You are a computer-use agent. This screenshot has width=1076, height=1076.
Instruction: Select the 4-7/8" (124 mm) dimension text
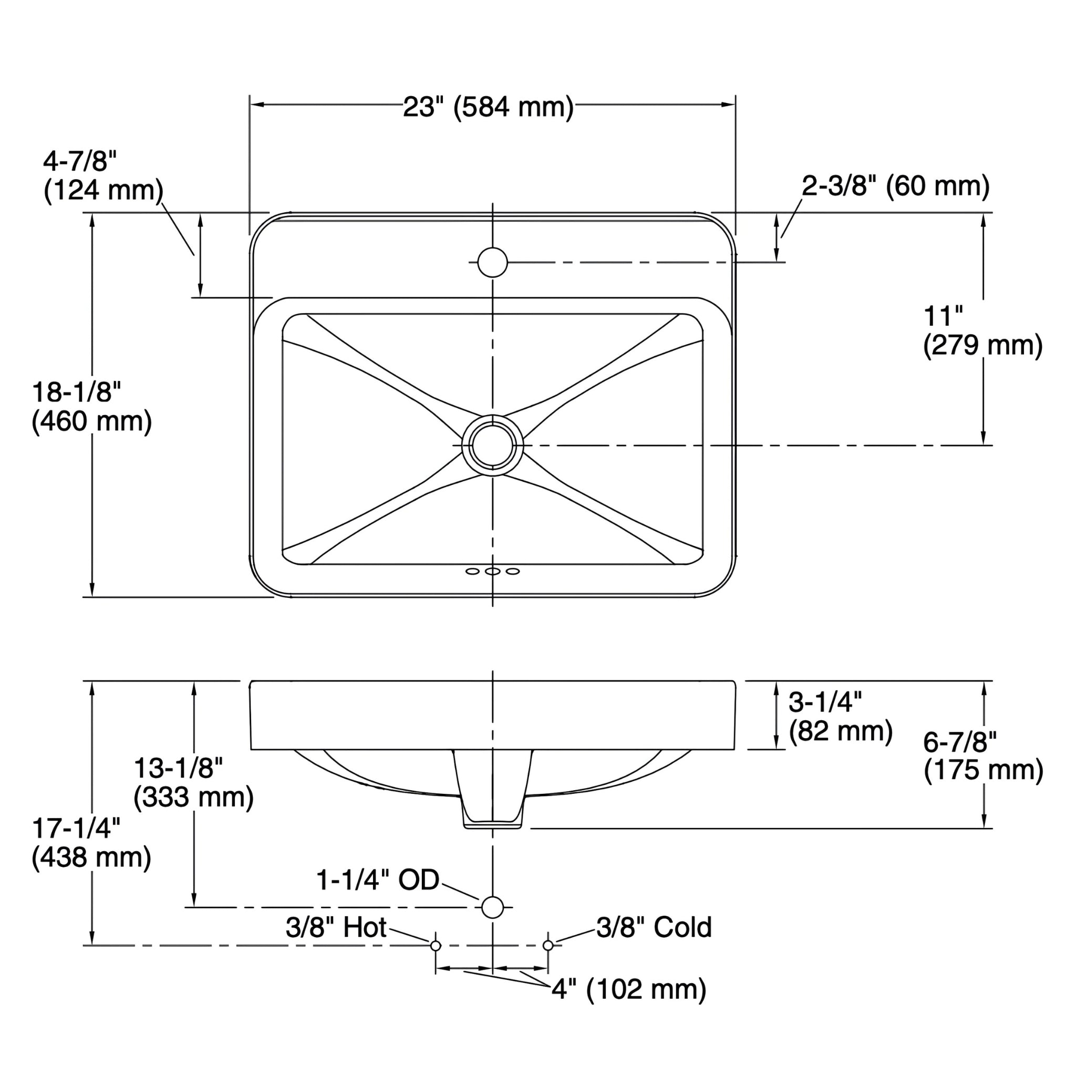[x=103, y=177]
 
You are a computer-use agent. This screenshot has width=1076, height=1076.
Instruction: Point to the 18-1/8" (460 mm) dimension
[x=91, y=407]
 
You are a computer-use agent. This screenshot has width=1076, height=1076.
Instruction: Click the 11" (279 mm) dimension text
[x=982, y=332]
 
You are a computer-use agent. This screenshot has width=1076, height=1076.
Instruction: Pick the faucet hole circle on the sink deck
[x=492, y=262]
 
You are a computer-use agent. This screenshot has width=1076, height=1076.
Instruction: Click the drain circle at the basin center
[x=492, y=445]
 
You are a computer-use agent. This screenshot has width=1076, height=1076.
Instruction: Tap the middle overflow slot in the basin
[x=492, y=572]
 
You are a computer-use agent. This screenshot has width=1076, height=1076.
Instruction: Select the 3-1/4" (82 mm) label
[x=840, y=716]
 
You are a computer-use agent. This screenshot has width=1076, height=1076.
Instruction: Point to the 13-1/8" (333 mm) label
[x=193, y=782]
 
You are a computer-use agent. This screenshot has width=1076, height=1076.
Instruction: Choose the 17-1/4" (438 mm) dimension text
[x=91, y=843]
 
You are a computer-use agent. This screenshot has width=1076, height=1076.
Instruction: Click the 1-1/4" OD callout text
[x=378, y=881]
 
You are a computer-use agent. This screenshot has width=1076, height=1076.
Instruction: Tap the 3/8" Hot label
[x=336, y=928]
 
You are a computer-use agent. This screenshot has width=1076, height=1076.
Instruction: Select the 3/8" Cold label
[x=654, y=928]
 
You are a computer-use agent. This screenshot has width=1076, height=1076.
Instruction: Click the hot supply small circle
[x=436, y=946]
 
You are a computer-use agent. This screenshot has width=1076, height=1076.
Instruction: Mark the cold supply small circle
[x=548, y=946]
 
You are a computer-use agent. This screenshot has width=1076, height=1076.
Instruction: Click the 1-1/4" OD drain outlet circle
[x=492, y=907]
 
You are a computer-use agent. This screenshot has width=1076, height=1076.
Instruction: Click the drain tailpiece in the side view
[x=493, y=791]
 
